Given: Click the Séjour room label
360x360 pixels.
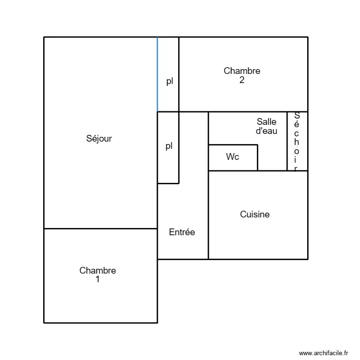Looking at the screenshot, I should coord(99,139).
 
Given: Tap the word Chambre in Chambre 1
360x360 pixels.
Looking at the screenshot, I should coord(97,271).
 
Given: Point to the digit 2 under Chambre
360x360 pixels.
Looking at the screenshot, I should coord(242,80).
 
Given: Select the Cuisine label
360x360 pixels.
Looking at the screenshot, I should coord(255,215).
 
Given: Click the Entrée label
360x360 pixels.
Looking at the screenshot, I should coord(182,232).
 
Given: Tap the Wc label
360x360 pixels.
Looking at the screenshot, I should coord(233,157).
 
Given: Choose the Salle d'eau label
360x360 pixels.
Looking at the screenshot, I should coord(266,126).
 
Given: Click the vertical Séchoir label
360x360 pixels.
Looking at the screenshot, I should coord(297,142).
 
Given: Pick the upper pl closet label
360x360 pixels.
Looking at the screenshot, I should coord(169,82).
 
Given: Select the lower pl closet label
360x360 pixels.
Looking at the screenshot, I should coord(169,146).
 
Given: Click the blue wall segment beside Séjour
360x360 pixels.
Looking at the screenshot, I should coord(157,74).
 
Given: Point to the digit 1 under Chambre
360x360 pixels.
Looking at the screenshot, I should coord(97,279).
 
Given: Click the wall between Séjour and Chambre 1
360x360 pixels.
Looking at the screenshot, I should coord(100,228).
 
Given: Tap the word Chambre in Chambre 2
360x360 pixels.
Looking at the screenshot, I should coord(242,71).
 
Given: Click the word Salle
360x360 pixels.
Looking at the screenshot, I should coord(266,122).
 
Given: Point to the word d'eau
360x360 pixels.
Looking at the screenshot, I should coord(266,131).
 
